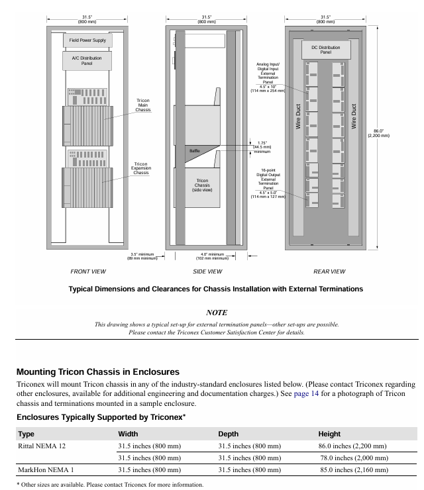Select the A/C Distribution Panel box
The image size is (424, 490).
87,61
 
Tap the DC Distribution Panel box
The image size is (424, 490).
325,50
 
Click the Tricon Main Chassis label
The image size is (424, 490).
143,105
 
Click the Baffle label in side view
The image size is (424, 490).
194,152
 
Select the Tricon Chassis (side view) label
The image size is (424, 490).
201,185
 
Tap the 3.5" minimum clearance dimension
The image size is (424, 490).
142,256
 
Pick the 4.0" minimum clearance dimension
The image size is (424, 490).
214,256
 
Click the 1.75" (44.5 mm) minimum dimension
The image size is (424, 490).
263,146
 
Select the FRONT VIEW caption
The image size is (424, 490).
88,271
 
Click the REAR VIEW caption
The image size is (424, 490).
329,271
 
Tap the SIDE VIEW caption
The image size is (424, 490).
207,271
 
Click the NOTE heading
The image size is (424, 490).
217,313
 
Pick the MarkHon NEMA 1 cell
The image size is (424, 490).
46,470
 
